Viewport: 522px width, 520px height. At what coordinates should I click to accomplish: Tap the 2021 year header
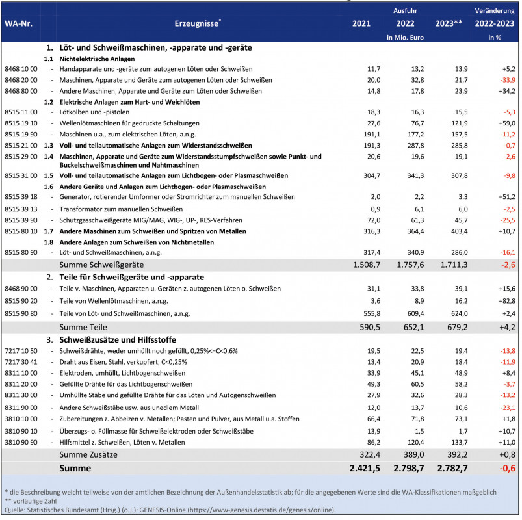(361, 24)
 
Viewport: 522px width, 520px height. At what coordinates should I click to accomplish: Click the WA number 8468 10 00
(21, 68)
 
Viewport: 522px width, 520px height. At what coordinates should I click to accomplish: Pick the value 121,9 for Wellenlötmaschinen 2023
(452, 122)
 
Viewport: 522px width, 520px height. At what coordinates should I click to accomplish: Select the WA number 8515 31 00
(21, 175)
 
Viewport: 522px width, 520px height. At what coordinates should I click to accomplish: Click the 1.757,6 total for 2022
(409, 265)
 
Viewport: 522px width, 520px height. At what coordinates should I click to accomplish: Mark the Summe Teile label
(83, 326)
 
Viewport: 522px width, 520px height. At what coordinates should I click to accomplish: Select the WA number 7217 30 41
(21, 361)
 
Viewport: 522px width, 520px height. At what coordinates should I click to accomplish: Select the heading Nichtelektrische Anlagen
(98, 58)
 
